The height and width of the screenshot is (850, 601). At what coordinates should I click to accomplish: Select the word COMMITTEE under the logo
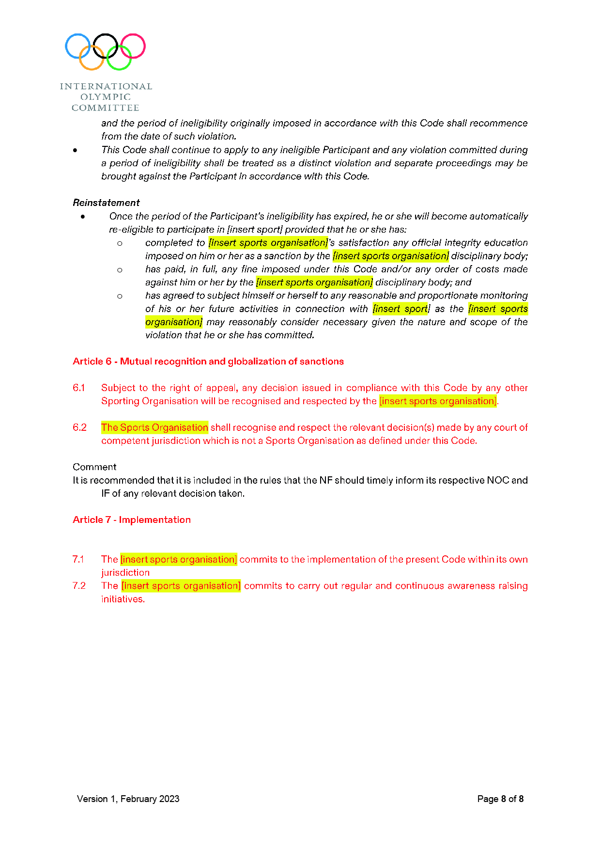106,108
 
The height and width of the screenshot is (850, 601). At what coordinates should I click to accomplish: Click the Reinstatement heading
106,203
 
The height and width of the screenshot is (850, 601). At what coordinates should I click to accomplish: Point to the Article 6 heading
208,362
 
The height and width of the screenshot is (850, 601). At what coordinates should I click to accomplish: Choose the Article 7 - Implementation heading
132,520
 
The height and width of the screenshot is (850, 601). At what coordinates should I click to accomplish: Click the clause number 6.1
79,388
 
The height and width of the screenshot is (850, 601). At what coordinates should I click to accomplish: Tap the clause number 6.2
79,427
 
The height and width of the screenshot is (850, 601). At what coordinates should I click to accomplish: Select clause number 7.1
78,559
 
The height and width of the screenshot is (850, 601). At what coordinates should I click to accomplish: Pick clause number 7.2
79,586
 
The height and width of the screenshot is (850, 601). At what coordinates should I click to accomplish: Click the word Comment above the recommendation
94,467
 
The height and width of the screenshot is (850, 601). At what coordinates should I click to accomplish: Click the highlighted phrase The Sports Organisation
154,427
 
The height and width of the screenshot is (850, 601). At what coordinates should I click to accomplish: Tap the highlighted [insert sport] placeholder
401,309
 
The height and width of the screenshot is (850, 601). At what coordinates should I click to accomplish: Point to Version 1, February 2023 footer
128,799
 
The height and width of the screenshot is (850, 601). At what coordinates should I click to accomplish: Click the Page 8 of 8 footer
500,799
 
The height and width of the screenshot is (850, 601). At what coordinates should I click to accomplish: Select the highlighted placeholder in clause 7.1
179,560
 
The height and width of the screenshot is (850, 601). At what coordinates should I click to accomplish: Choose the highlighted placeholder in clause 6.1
438,401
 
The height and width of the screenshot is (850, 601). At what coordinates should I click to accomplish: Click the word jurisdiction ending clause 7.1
125,573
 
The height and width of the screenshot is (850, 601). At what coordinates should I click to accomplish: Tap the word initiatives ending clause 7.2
123,599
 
